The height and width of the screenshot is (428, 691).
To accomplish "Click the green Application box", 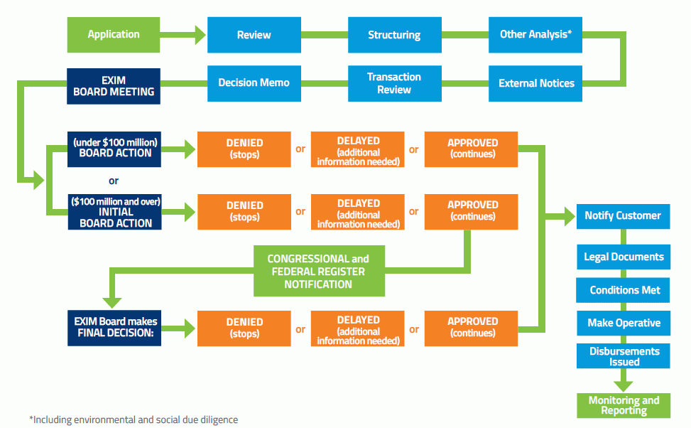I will click(x=114, y=34).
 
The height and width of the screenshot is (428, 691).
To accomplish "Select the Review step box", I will click(x=254, y=35).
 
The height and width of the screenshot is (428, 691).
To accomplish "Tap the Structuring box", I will click(x=394, y=35).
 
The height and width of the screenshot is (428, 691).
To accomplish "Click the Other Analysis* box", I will click(x=535, y=35).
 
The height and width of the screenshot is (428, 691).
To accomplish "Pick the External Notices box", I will click(x=535, y=83).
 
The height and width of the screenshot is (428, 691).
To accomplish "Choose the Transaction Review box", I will click(x=394, y=83).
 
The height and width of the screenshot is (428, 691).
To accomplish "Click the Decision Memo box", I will click(x=254, y=83).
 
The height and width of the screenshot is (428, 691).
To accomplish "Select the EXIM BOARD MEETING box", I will click(x=114, y=86).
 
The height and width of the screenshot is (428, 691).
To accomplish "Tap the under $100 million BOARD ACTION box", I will click(x=114, y=149).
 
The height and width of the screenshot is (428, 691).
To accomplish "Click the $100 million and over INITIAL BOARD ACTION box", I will click(x=114, y=212).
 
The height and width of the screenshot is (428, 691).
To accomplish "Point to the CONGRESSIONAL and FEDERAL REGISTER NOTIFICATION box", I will click(x=319, y=271).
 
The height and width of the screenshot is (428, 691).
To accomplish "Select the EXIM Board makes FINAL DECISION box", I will click(x=114, y=328).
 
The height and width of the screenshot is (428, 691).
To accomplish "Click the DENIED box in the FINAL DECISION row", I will click(x=244, y=328).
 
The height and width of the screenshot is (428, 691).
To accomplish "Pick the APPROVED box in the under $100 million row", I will click(x=472, y=149).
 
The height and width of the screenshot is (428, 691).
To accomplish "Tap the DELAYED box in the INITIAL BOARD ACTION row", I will click(x=358, y=211).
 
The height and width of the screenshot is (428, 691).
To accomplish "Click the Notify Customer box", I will click(x=622, y=215).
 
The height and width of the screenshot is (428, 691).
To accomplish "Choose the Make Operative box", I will click(x=623, y=323).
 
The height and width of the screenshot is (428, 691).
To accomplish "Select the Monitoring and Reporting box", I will click(x=623, y=406).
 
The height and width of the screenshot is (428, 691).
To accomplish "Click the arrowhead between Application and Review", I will click(x=200, y=34).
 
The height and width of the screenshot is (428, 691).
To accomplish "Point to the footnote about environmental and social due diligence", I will click(x=134, y=419).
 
